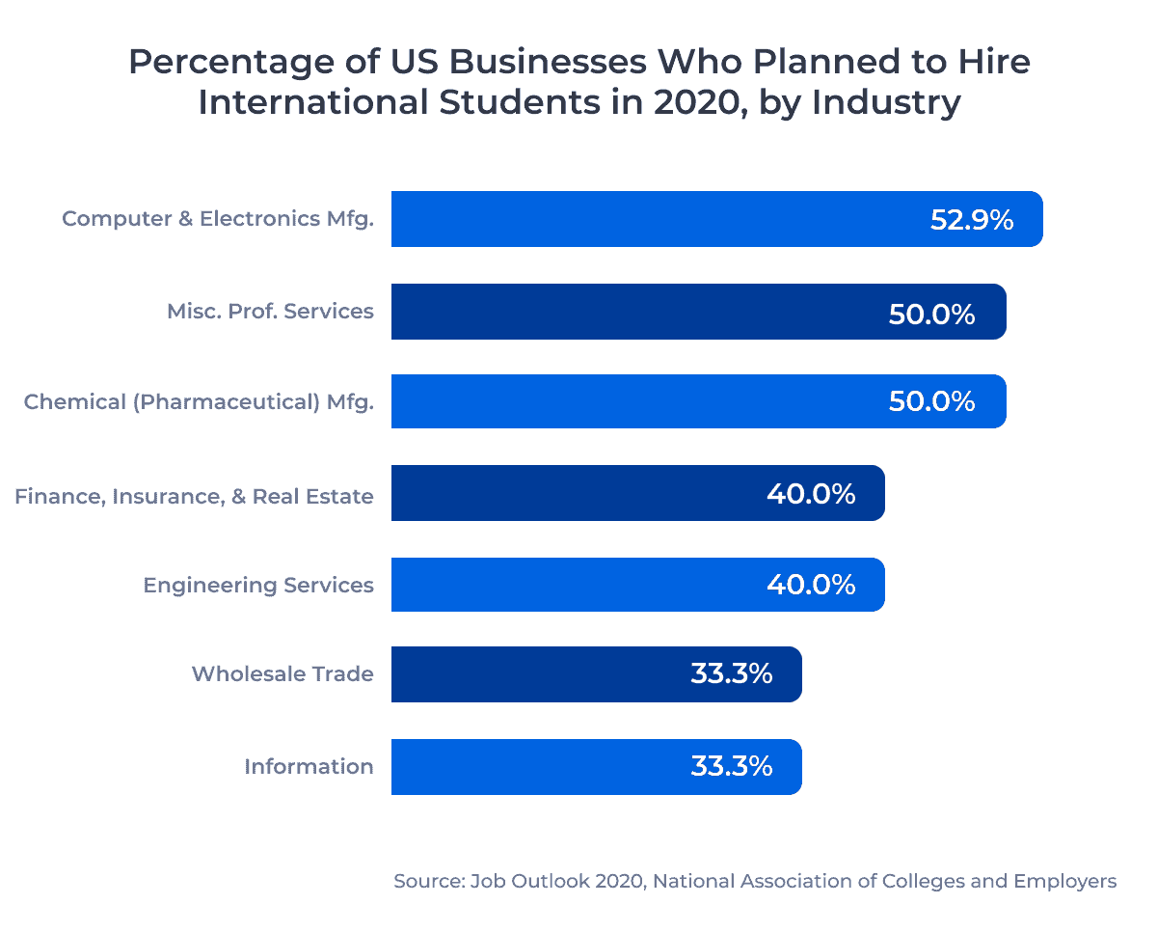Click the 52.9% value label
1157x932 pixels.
point(971,220)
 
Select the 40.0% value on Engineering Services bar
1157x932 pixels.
point(811,585)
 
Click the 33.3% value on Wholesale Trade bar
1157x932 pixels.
point(731,674)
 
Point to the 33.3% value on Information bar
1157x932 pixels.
point(731,767)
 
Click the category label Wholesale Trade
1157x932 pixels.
point(283,673)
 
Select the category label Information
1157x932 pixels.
point(309,766)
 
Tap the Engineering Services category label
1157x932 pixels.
point(258,585)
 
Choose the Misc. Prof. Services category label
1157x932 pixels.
point(270,311)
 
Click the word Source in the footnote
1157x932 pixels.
point(425,881)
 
